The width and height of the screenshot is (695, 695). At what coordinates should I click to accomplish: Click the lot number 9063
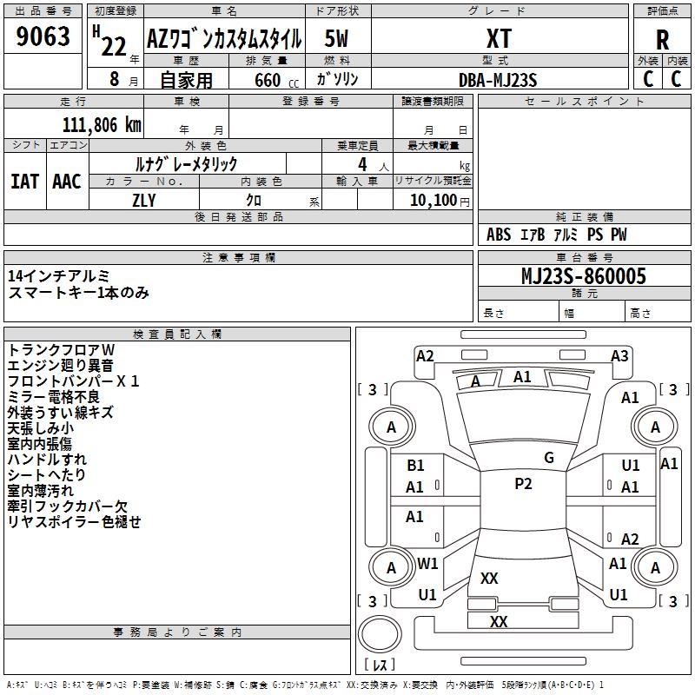(x=43, y=36)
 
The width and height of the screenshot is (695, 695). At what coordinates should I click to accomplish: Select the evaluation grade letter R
(x=662, y=40)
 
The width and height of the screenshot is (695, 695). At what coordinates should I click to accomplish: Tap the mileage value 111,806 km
(x=102, y=125)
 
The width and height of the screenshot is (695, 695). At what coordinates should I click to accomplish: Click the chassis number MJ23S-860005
(x=584, y=276)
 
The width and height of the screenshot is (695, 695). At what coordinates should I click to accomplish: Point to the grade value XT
(x=499, y=38)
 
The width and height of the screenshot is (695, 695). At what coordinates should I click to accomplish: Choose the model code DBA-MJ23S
(x=498, y=80)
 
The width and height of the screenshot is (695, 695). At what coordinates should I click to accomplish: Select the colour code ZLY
(x=144, y=201)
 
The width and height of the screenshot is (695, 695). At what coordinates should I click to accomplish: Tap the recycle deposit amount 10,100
(x=434, y=201)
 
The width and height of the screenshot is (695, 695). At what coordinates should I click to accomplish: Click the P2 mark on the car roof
(x=523, y=484)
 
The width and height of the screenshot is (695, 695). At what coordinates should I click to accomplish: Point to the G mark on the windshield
(x=549, y=458)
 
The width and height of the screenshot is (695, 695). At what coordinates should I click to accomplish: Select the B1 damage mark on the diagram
(x=415, y=466)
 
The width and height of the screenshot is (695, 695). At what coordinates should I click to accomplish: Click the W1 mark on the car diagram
(x=427, y=564)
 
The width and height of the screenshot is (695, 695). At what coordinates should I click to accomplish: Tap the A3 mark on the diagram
(x=619, y=356)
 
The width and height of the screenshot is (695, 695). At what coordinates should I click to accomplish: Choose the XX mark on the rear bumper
(x=498, y=621)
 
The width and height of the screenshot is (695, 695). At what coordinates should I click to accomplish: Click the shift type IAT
(x=24, y=182)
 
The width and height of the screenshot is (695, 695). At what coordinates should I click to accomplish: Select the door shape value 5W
(x=336, y=38)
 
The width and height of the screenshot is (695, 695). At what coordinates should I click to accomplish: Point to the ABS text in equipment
(x=499, y=235)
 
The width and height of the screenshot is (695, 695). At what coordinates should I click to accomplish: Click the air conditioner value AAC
(x=67, y=182)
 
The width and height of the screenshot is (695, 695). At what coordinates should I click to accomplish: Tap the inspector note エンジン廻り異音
(x=60, y=366)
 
